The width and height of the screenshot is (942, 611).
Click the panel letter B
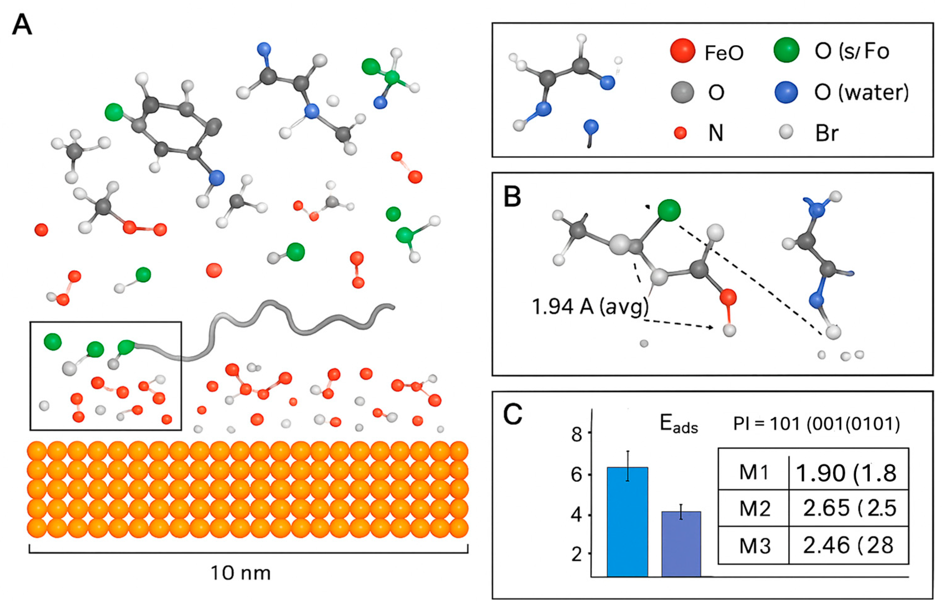coord(512,198)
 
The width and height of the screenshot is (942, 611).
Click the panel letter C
coord(512,414)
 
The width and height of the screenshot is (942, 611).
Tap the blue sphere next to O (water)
coord(786,92)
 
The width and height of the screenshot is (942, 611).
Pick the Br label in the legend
coord(827,133)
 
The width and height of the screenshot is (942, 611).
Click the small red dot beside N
coord(680,133)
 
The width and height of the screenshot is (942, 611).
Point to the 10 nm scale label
coord(241,573)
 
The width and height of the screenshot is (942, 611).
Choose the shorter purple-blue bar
coord(681,543)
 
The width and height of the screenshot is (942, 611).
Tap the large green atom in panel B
coord(669,210)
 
